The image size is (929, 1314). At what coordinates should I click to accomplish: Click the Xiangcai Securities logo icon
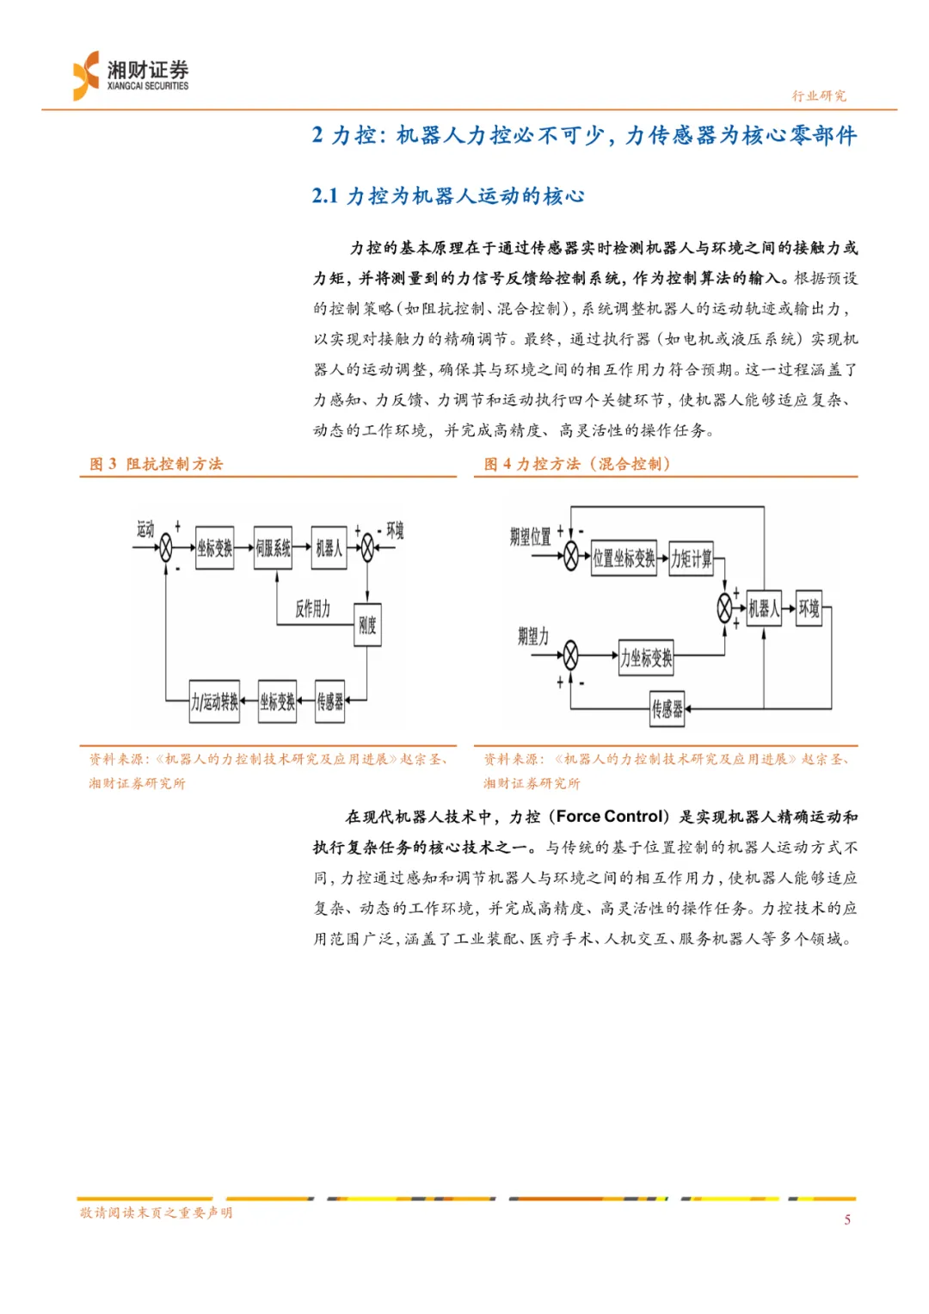click(x=87, y=76)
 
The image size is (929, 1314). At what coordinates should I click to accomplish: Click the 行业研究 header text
click(x=819, y=96)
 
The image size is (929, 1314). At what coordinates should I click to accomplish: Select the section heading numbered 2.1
click(x=447, y=196)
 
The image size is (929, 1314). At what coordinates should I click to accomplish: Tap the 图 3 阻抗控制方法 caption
click(x=157, y=464)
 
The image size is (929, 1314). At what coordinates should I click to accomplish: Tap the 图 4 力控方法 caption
click(x=576, y=464)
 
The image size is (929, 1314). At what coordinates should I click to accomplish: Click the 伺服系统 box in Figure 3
click(x=273, y=548)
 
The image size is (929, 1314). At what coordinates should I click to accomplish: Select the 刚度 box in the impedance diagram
click(x=367, y=626)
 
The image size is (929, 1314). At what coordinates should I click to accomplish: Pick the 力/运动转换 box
click(x=215, y=701)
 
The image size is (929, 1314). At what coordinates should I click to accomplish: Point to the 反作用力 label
click(x=312, y=609)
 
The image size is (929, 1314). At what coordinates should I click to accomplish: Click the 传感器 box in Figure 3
click(x=329, y=701)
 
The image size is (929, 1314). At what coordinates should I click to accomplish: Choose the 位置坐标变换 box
click(x=624, y=558)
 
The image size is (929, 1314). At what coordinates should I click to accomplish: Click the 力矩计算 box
click(x=692, y=558)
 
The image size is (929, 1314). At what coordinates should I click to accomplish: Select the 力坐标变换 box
click(x=646, y=658)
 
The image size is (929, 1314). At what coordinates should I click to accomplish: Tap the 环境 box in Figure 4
click(x=809, y=609)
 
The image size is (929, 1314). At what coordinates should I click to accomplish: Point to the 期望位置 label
click(x=530, y=537)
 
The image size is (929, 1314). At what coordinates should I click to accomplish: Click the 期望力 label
click(x=532, y=637)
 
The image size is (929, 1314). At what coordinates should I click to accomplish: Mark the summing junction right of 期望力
click(x=570, y=655)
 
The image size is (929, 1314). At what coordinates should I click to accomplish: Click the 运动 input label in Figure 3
click(x=145, y=529)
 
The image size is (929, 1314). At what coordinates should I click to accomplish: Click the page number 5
click(x=847, y=1219)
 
